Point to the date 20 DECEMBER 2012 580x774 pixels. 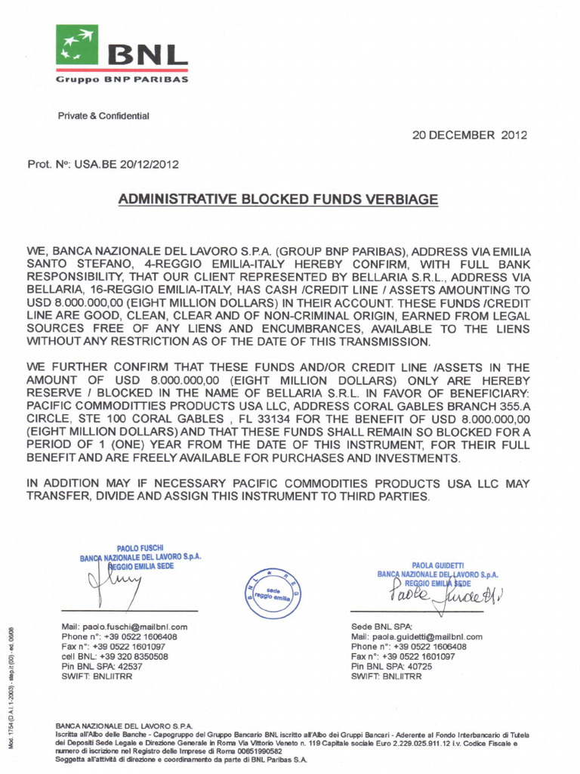click(469, 135)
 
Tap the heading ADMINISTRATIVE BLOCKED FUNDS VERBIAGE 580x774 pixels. click(279, 200)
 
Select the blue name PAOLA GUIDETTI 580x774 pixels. click(441, 563)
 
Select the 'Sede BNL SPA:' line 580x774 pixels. click(381, 627)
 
